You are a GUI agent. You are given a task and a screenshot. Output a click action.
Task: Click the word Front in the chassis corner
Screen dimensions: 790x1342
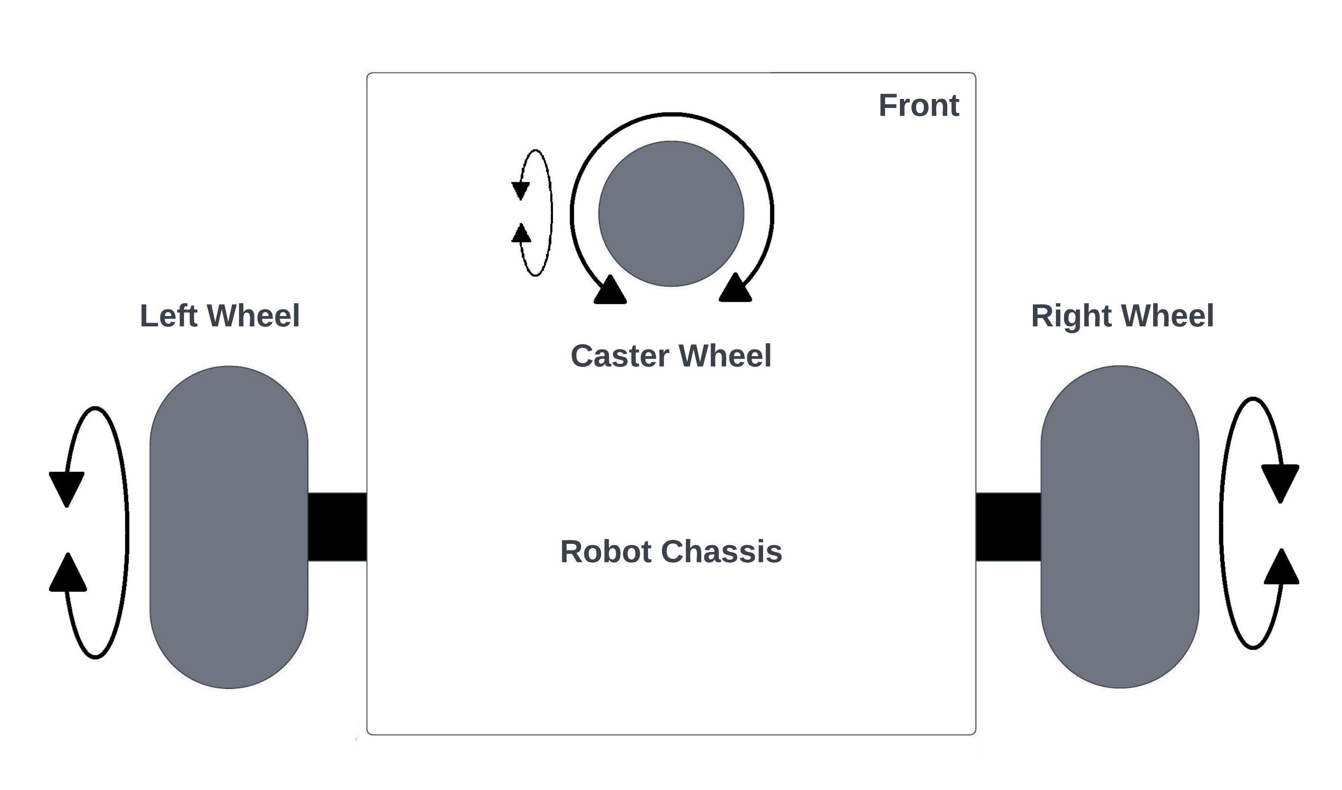[919, 105]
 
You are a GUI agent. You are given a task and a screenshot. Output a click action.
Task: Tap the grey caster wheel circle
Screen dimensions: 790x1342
[671, 214]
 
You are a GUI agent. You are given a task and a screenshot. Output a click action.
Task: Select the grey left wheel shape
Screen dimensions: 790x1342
[229, 527]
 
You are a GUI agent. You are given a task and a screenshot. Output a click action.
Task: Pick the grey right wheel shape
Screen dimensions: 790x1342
[1120, 527]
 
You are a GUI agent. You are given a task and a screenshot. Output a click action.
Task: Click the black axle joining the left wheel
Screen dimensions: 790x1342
[337, 527]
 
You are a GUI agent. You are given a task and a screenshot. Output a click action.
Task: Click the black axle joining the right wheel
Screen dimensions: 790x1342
[1008, 527]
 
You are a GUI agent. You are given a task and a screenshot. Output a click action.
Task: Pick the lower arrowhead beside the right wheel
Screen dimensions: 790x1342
[1282, 568]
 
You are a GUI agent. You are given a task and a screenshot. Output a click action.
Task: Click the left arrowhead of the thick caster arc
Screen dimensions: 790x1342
[610, 291]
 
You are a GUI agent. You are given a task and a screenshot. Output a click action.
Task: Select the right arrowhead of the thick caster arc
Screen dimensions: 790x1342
[735, 289]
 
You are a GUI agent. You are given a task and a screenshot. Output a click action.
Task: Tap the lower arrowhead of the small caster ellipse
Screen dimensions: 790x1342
[521, 233]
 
